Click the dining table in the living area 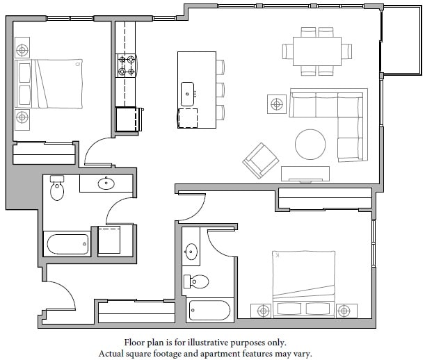[316, 51]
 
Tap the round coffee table [310, 145]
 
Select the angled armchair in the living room [259, 161]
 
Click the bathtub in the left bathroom [67, 245]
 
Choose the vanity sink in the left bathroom [106, 183]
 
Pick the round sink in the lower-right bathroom [191, 252]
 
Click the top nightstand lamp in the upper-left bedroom [22, 50]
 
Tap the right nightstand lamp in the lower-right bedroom [343, 309]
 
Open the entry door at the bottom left [59, 295]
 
